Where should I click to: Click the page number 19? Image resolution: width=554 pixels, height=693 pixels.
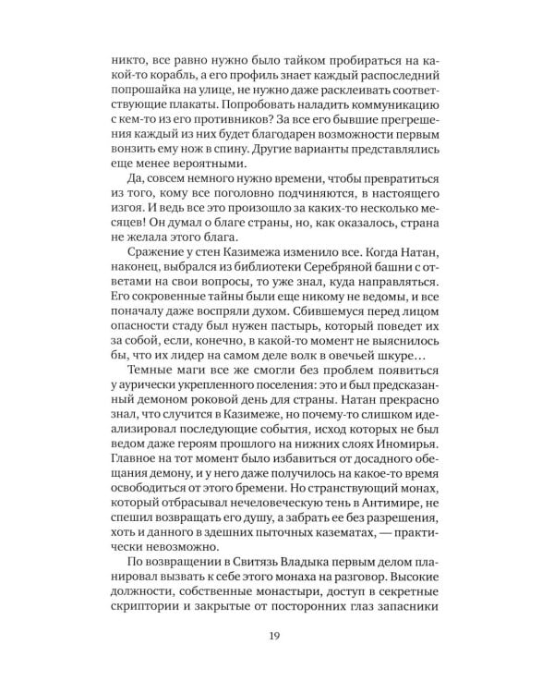276,634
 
